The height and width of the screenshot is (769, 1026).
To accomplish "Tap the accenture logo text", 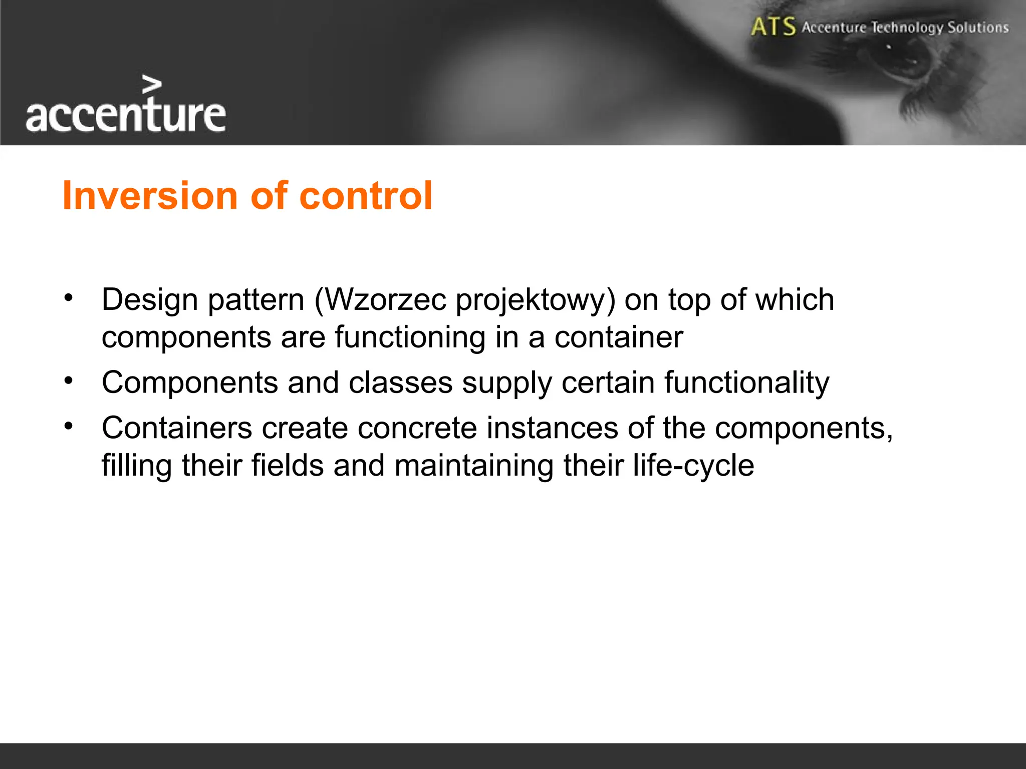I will (x=125, y=116).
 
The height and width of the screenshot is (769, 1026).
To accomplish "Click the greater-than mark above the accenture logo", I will (x=152, y=85).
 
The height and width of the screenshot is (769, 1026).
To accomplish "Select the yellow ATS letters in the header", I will (x=773, y=27).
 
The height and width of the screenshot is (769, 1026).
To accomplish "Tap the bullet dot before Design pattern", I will (x=69, y=298).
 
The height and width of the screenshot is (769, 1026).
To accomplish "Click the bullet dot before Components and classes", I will (x=69, y=381).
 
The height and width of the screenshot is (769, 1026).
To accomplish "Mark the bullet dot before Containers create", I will (x=69, y=427).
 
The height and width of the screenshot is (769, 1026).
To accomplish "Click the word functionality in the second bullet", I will (x=746, y=383).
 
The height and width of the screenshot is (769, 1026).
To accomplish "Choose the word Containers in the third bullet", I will (x=177, y=428).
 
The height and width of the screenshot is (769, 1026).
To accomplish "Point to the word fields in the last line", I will (x=287, y=465).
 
